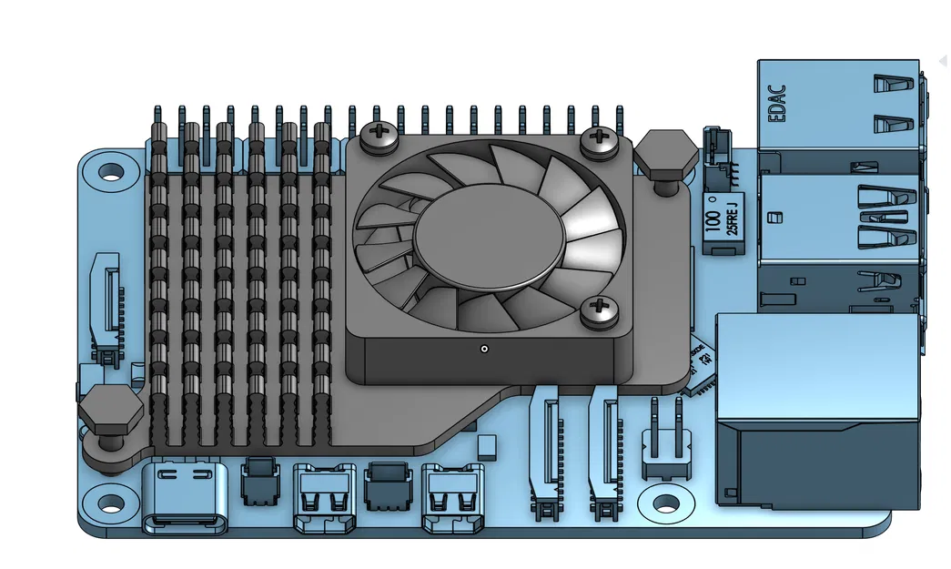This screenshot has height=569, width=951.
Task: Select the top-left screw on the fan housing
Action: click(x=378, y=137)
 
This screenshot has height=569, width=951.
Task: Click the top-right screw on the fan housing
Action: click(x=598, y=139)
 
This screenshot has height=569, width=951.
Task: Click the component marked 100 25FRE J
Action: click(x=725, y=222)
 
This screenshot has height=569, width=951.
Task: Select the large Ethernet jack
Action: click(x=819, y=410)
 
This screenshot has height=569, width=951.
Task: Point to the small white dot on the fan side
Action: click(x=484, y=349)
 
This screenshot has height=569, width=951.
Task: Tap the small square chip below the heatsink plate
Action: click(x=487, y=446)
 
